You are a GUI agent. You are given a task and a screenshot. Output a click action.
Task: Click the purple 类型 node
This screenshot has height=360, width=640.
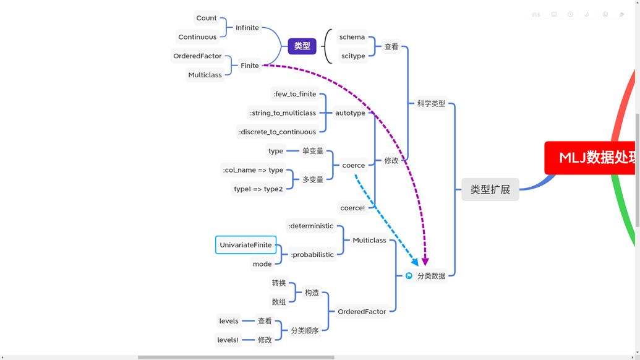tap(302, 46)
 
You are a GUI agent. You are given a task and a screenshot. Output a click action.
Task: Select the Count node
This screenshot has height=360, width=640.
tap(206, 18)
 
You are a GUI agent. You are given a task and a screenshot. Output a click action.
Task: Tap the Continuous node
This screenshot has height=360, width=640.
tap(197, 37)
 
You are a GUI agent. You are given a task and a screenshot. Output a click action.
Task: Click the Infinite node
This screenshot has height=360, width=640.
tap(247, 28)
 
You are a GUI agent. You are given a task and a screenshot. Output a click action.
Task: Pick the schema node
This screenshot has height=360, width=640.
tap(352, 37)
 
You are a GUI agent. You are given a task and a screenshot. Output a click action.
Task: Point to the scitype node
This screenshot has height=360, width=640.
tap(353, 56)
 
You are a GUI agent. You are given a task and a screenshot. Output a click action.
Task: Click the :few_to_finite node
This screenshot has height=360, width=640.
tap(294, 94)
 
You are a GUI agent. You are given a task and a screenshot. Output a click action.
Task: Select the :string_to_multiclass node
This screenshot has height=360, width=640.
tap(283, 113)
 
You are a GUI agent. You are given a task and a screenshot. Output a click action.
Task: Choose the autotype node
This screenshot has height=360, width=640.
tap(350, 113)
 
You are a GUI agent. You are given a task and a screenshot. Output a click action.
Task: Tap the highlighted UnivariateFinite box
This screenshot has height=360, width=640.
tap(245, 245)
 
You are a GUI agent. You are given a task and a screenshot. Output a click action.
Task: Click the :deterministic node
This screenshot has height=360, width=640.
tap(310, 226)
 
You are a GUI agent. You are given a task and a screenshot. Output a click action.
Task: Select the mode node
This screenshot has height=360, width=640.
tap(262, 264)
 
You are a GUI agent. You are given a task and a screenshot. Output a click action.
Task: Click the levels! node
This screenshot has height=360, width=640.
tap(228, 340)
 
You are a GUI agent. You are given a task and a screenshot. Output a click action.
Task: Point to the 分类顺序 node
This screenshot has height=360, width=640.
tap(305, 331)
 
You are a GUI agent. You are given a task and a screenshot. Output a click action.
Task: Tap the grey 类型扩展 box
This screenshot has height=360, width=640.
tap(490, 189)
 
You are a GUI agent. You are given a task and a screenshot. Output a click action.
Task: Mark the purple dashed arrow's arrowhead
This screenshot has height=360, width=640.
tap(425, 262)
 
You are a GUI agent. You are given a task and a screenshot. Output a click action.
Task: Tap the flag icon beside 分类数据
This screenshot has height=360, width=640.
tap(409, 276)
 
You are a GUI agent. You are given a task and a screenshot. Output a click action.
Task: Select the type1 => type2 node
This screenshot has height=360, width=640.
tap(258, 189)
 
